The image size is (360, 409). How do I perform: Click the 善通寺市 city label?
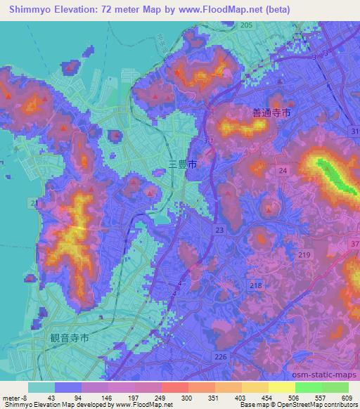click(x=270, y=112)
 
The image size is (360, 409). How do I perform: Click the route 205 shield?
click(x=245, y=25)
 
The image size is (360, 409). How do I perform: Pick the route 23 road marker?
click(x=220, y=230)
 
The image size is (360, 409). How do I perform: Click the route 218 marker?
click(x=256, y=285)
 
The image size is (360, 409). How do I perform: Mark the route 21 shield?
click(x=34, y=203)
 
